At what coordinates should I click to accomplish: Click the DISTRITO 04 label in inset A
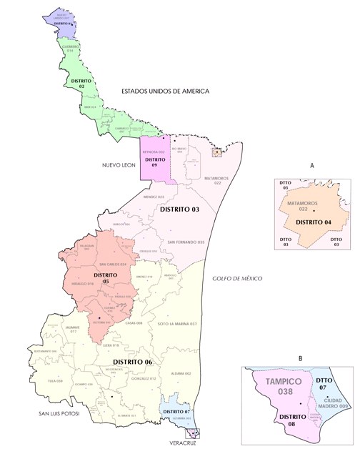click(x=315, y=222)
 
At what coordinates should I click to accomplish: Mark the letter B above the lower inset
click(x=300, y=357)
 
